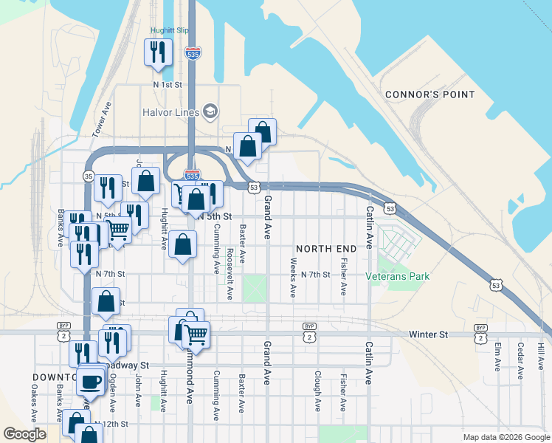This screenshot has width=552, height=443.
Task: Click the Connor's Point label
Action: [x=423, y=95]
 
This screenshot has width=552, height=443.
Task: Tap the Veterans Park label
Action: [x=398, y=276]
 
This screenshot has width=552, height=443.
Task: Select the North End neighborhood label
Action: [x=325, y=248]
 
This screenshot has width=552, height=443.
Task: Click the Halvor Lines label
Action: [x=170, y=112]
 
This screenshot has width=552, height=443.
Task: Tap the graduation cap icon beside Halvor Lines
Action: [x=210, y=111]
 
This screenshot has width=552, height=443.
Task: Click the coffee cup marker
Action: [x=92, y=382]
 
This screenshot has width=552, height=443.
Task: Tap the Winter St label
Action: [x=428, y=334]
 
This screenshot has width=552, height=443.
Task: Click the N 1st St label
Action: [x=168, y=85]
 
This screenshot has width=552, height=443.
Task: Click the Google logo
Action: [x=25, y=434]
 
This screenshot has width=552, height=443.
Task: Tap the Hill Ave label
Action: [x=541, y=355]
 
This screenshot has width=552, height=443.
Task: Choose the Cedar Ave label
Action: [x=521, y=357]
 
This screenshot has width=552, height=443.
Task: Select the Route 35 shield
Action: [x=89, y=176]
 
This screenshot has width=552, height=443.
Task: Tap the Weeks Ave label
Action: [x=293, y=277]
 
